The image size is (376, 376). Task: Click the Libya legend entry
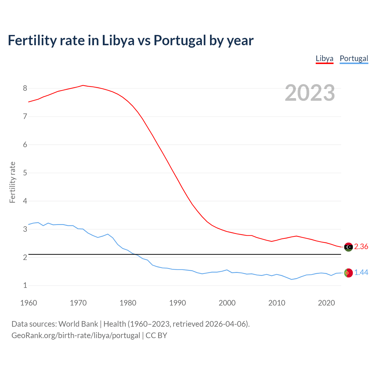(324, 58)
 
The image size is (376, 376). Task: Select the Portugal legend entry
(354, 58)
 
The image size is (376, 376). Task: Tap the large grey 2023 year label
(310, 93)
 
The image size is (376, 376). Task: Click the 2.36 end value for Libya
(361, 247)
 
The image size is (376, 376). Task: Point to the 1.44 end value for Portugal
(361, 273)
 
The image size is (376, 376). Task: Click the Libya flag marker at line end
(348, 247)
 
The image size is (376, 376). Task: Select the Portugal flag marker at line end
(348, 273)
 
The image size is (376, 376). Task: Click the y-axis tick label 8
(25, 88)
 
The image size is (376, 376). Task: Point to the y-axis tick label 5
(25, 173)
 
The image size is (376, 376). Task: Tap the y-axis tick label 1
(25, 286)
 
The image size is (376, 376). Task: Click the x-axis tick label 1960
(28, 303)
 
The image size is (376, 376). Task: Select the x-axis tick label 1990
(177, 303)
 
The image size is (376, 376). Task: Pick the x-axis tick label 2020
(326, 303)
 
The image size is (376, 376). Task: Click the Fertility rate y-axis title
(12, 182)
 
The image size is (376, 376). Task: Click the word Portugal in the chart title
(180, 41)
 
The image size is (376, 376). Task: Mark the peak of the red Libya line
(83, 85)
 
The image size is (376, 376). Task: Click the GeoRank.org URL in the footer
(76, 335)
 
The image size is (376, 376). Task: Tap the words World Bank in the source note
(78, 324)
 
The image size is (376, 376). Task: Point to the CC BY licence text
(156, 335)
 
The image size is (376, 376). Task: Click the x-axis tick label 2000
(227, 303)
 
